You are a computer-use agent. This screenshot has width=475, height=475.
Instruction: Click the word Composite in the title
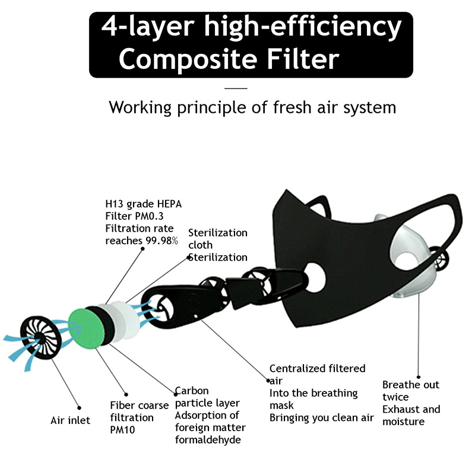pos(188,59)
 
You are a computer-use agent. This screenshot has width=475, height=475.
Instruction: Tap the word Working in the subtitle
pos(140,107)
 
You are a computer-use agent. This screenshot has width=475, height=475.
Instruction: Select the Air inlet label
pos(70,420)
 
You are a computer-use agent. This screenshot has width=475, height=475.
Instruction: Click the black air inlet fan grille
pos(41,338)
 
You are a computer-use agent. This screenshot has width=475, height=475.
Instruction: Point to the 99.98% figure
pos(161,240)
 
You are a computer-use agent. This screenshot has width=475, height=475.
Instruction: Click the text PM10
pos(122,430)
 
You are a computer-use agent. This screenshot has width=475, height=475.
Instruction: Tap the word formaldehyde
pos(208,439)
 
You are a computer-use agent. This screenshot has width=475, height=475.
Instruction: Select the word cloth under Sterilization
pos(200,245)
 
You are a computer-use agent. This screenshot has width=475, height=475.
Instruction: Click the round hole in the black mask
pos(315,278)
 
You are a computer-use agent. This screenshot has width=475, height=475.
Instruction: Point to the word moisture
pos(403,422)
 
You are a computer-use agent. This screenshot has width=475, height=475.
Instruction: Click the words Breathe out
pos(410,385)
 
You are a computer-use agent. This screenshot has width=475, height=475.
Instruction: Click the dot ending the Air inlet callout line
pos(79,408)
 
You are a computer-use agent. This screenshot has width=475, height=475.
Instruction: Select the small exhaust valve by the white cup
pos(439,259)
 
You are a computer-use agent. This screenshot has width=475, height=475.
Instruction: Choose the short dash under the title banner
pos(236,88)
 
